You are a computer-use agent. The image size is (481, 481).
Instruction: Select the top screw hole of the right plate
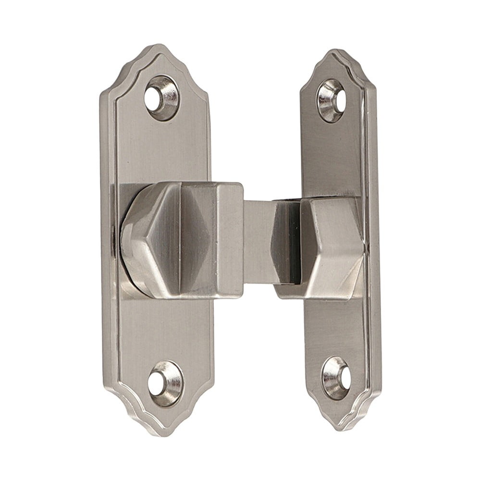331,99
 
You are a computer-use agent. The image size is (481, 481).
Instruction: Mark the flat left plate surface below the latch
163,332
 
